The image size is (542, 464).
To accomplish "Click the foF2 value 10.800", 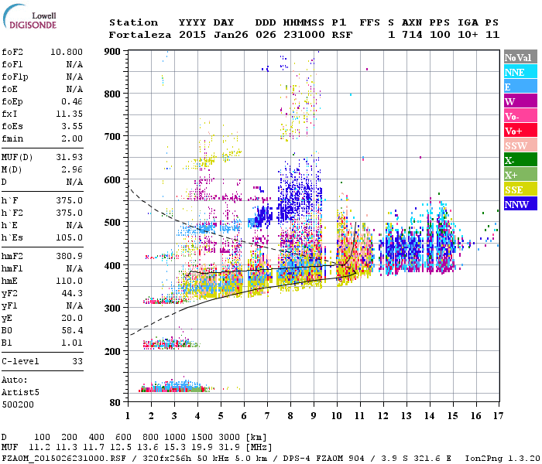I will point(67,52).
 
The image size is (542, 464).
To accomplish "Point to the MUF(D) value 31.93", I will point(70,158).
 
